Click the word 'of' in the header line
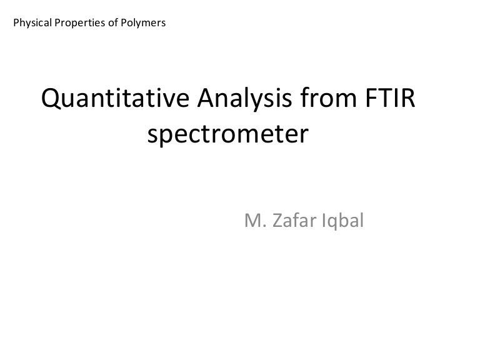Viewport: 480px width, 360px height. (110, 24)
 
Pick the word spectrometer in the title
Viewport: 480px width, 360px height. (229, 134)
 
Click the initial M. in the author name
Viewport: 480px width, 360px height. (252, 220)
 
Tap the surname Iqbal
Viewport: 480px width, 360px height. (342, 221)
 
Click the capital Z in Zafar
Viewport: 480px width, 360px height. (274, 220)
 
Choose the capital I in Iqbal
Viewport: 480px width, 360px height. (324, 220)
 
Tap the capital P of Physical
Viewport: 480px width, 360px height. (16, 24)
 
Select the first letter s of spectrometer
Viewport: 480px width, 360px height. (154, 135)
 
